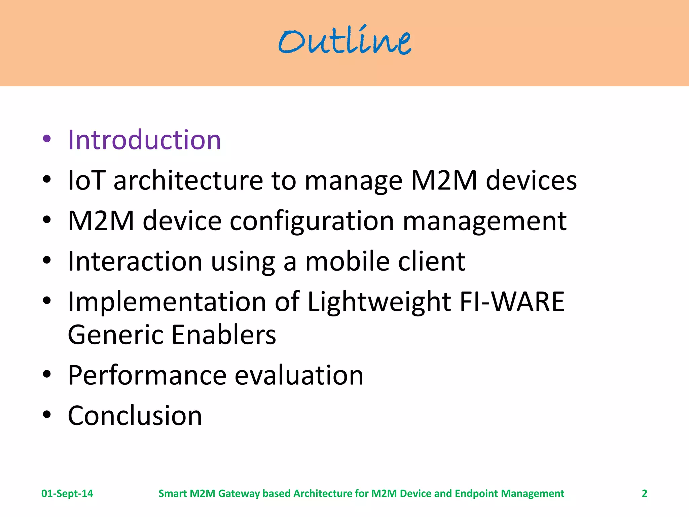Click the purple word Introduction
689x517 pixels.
tap(144, 140)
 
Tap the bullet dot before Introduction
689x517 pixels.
tap(47, 139)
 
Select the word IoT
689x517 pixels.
tap(86, 180)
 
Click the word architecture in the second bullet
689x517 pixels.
tap(188, 180)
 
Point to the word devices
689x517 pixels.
tap(531, 180)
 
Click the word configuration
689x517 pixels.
tap(312, 221)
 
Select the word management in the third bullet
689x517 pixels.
tap(484, 221)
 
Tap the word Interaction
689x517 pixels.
tap(135, 261)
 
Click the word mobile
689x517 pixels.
tap(348, 261)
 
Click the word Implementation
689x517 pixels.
tap(167, 302)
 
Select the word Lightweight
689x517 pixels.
tap(379, 302)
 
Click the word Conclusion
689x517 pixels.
tap(135, 416)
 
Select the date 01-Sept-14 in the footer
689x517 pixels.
tap(67, 493)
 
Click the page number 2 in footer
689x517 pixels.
tap(644, 493)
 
